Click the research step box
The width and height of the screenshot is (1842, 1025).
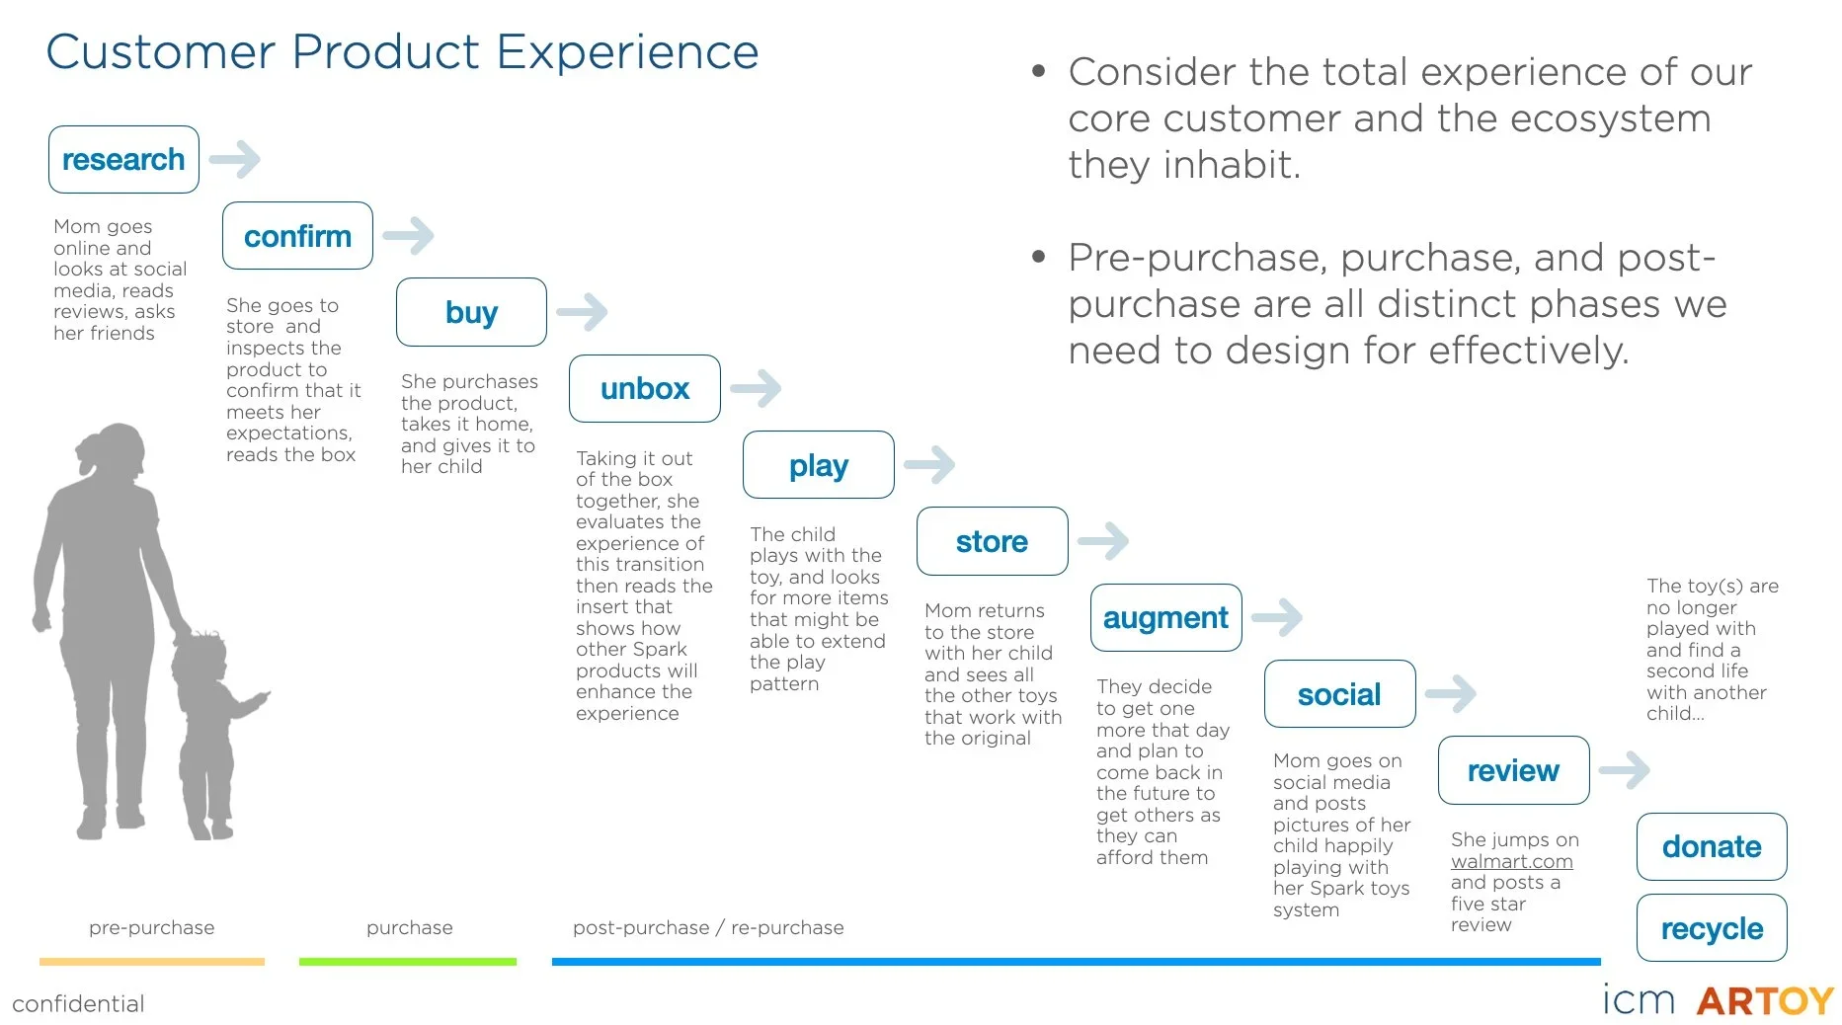click(x=123, y=159)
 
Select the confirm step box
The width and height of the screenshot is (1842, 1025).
click(x=297, y=236)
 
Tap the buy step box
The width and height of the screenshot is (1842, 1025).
click(x=471, y=312)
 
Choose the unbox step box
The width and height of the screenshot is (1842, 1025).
click(x=644, y=388)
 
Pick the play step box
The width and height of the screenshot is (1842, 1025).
click(x=818, y=465)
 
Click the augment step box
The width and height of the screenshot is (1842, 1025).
click(x=1165, y=617)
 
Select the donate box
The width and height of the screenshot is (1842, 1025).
click(x=1712, y=846)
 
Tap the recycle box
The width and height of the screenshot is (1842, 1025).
click(x=1712, y=928)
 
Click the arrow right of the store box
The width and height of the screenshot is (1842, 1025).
click(x=1103, y=541)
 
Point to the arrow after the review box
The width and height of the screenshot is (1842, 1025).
click(x=1625, y=769)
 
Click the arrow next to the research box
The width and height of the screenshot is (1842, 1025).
click(x=235, y=159)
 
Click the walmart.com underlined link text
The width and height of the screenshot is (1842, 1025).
click(x=1511, y=861)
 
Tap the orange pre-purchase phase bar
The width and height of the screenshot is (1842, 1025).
click(x=152, y=961)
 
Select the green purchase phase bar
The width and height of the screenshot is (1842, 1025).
click(x=408, y=961)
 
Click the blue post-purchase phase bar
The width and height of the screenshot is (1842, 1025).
click(x=1076, y=961)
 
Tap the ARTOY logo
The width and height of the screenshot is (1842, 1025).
click(x=1765, y=1001)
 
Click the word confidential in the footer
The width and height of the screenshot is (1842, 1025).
click(x=79, y=1004)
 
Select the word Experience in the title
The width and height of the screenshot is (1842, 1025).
click(x=628, y=52)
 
